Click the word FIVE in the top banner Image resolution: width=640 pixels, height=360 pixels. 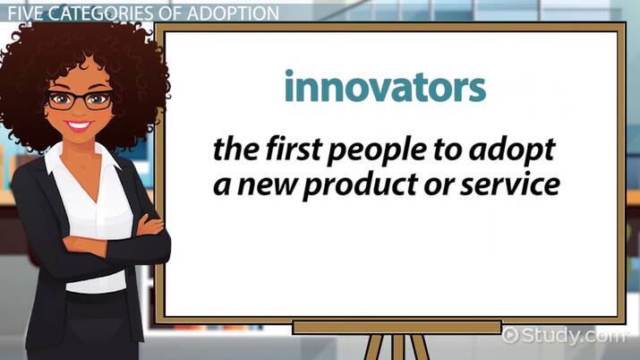(x=23, y=13)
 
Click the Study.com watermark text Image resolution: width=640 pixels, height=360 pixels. (x=573, y=335)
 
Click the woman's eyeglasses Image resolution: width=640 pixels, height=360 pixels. (x=80, y=99)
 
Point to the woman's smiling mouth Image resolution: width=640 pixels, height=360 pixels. (x=81, y=126)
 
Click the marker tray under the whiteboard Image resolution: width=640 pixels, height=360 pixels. (x=394, y=327)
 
